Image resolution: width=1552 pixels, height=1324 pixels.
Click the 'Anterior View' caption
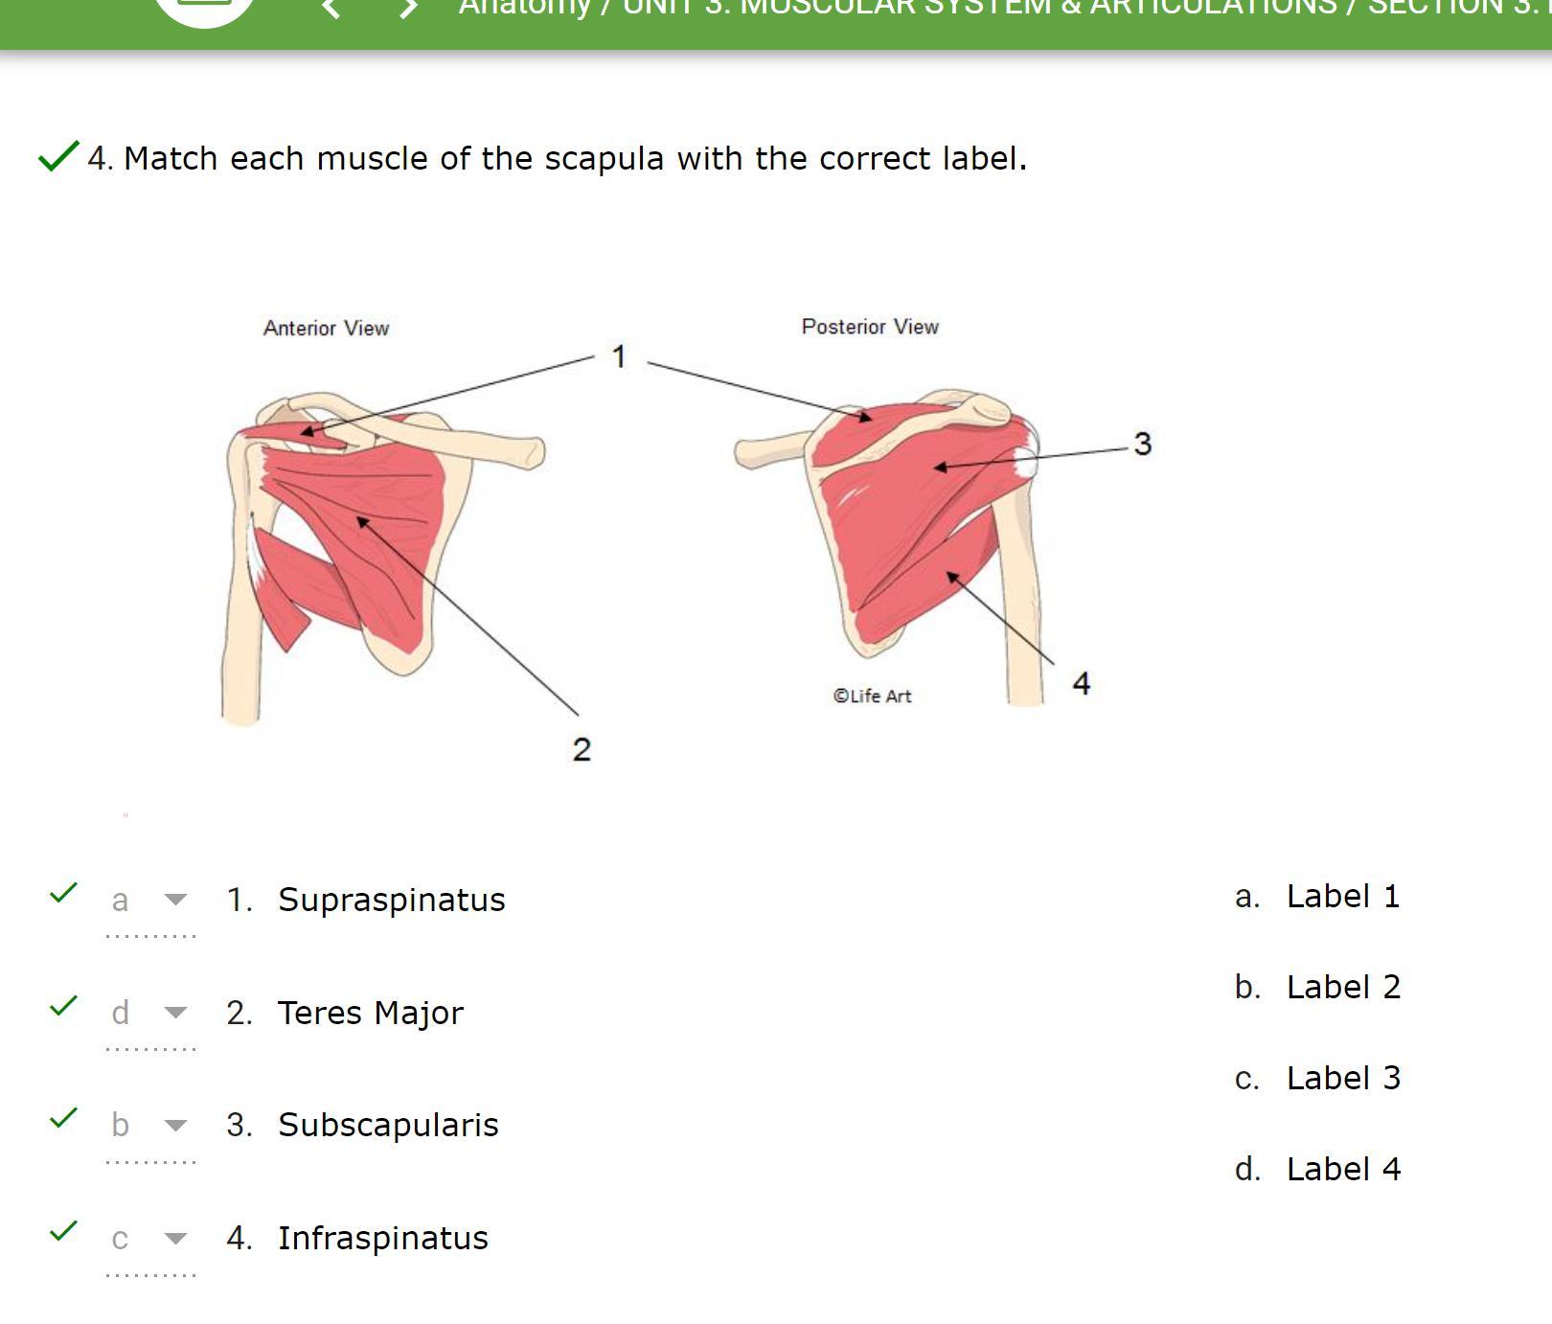click(x=326, y=329)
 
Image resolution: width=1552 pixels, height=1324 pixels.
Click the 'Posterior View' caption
click(x=870, y=327)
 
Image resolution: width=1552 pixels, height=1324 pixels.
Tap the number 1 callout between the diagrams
click(x=619, y=356)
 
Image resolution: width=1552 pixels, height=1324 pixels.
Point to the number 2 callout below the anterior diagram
click(x=582, y=749)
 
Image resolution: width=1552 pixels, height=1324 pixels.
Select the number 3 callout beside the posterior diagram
click(x=1142, y=444)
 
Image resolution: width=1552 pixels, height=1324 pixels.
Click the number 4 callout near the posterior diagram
click(x=1082, y=683)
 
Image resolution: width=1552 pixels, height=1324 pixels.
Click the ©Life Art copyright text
click(x=872, y=696)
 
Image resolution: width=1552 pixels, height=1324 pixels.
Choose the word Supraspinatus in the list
click(x=391, y=900)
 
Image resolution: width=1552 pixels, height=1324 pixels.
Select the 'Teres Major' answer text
click(x=370, y=1013)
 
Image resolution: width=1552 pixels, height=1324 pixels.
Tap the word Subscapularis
click(x=388, y=1125)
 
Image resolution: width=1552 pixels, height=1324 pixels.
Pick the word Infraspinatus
click(x=382, y=1238)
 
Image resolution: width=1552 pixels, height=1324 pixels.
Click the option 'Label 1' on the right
click(x=1342, y=897)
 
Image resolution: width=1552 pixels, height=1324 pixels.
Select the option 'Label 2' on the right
click(x=1342, y=987)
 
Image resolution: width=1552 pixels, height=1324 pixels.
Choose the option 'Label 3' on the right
click(x=1342, y=1078)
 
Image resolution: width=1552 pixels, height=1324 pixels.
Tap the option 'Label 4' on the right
click(x=1342, y=1169)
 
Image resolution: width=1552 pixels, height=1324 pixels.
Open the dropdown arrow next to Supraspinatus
click(x=175, y=900)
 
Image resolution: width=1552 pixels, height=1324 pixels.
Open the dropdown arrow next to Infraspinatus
click(x=175, y=1238)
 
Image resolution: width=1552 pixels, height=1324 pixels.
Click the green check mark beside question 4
click(x=57, y=155)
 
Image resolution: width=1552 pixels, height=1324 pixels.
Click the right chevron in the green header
click(x=409, y=10)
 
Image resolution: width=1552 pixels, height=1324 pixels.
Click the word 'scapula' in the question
click(x=604, y=158)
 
